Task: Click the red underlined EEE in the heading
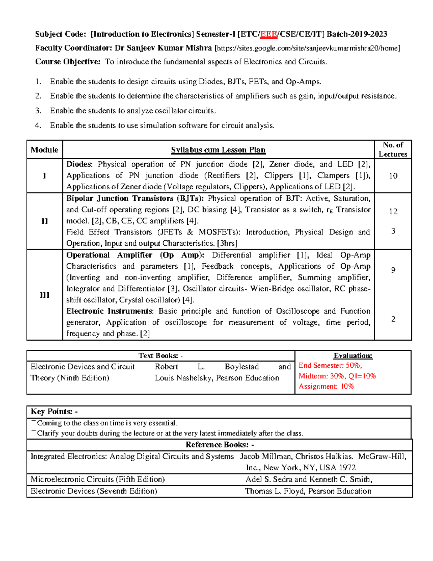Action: tap(269, 34)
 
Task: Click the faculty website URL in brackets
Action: tap(307, 48)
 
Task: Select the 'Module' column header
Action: tap(44, 150)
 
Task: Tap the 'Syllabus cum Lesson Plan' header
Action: tap(218, 150)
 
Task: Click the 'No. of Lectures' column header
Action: tap(393, 150)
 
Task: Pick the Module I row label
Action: tap(44, 176)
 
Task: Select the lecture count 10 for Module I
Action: tap(393, 176)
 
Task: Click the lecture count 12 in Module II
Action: tap(393, 212)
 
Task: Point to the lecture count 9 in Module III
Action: tap(393, 270)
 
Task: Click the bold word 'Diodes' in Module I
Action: tap(79, 164)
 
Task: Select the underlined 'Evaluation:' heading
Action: tap(353, 356)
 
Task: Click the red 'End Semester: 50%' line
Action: tap(330, 366)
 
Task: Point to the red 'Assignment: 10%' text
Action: tap(326, 387)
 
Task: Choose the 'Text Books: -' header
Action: tap(161, 356)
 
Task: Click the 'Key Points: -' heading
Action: tap(54, 412)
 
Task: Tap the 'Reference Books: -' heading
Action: tap(219, 445)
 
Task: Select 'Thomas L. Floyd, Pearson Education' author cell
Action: tap(308, 491)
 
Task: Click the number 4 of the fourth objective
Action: tap(38, 126)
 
